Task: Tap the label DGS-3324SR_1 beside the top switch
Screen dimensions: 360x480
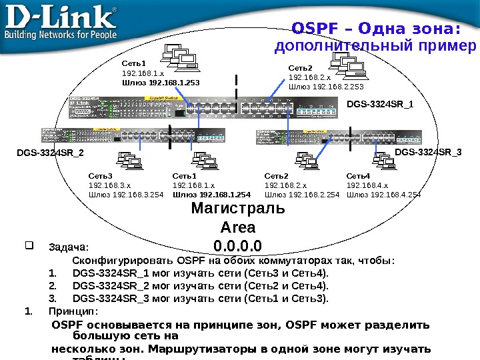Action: [x=380, y=104]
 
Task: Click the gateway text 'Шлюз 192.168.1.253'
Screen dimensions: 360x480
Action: [x=161, y=83]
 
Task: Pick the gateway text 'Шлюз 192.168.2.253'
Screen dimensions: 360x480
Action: [x=326, y=86]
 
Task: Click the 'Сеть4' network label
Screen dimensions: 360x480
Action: [x=358, y=176]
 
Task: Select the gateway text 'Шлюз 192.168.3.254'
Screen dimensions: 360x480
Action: [x=126, y=195]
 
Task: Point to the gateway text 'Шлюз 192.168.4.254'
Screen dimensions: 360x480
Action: [x=383, y=195]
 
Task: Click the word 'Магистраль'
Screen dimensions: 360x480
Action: [x=237, y=208]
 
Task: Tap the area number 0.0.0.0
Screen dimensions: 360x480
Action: [x=238, y=244]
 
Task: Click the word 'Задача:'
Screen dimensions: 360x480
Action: [x=69, y=247]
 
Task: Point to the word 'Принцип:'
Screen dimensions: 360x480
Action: [x=73, y=311]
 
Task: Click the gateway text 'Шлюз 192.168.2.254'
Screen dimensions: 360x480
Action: [x=302, y=195]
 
